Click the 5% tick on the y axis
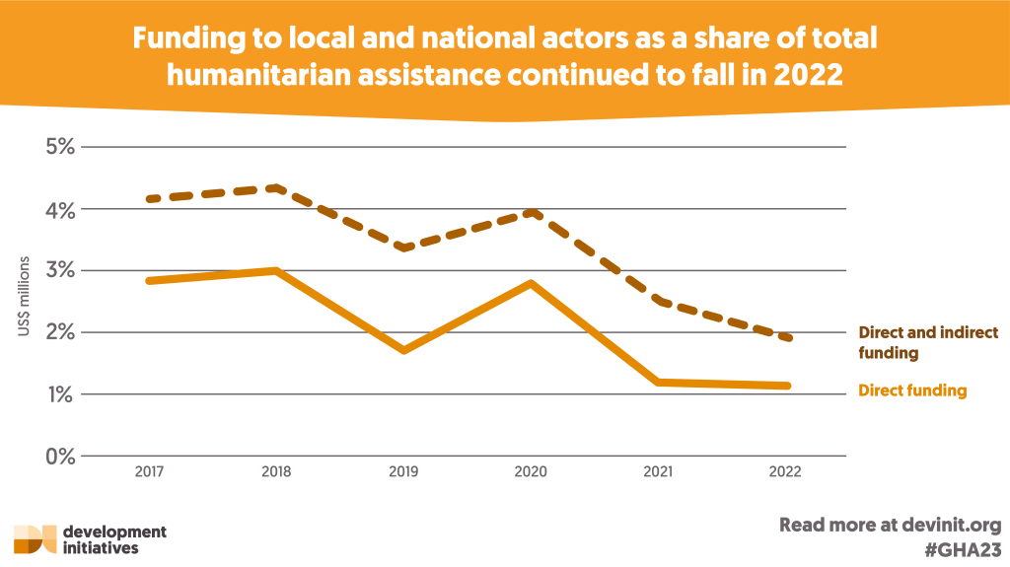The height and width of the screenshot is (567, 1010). click(58, 147)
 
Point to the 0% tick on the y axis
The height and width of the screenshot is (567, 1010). click(58, 456)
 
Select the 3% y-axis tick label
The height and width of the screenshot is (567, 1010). click(58, 270)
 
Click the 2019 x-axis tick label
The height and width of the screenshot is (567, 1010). click(403, 472)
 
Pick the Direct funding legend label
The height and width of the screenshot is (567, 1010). click(912, 390)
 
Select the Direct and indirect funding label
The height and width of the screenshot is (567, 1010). click(928, 342)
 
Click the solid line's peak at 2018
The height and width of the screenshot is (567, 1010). click(277, 270)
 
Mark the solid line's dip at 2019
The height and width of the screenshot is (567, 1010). click(404, 350)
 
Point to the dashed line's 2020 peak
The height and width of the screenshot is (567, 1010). click(532, 212)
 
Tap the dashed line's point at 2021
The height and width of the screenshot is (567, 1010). click(659, 301)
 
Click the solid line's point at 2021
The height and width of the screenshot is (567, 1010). click(659, 382)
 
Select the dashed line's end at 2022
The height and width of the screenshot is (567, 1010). click(787, 338)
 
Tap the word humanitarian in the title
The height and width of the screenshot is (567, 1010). click(259, 74)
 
